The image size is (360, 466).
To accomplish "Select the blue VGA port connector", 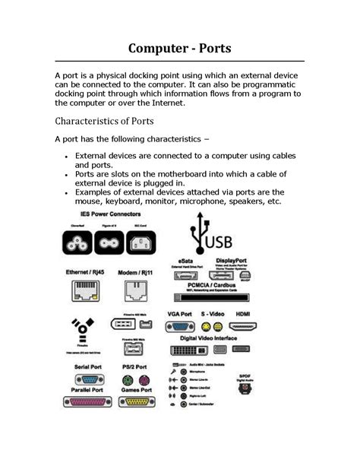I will click(179, 325).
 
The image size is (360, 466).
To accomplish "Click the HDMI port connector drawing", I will click(243, 325).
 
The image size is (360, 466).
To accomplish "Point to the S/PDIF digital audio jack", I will click(245, 387).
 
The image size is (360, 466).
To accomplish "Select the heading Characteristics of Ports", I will click(104, 121).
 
